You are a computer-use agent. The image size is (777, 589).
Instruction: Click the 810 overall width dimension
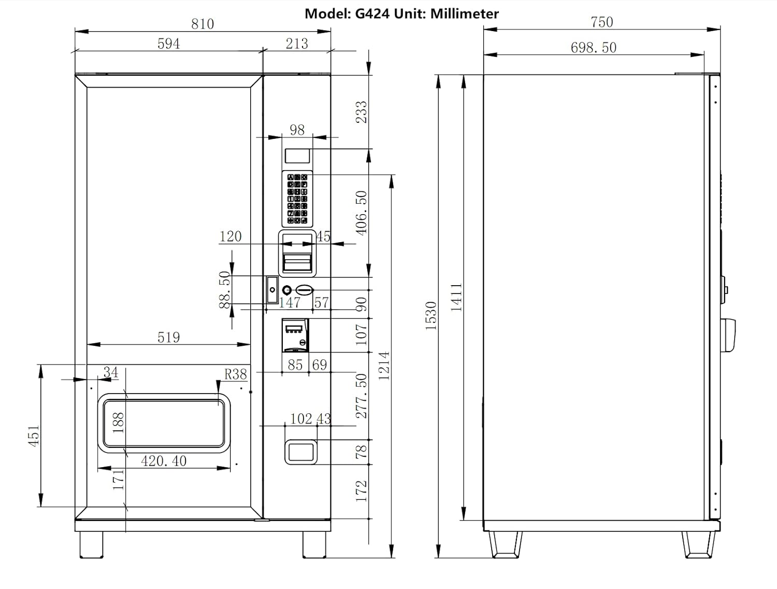pyautogui.click(x=202, y=24)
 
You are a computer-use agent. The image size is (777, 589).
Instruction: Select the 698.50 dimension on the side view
pyautogui.click(x=594, y=48)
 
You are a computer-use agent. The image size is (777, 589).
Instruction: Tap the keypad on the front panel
pyautogui.click(x=297, y=199)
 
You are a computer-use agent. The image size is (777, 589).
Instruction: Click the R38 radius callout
pyautogui.click(x=235, y=374)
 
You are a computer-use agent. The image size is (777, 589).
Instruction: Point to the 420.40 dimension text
pyautogui.click(x=164, y=460)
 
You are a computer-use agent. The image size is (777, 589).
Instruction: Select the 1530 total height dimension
pyautogui.click(x=431, y=316)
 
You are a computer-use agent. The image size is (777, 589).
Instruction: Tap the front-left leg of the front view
pyautogui.click(x=91, y=544)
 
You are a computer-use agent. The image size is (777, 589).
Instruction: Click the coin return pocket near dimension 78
pyautogui.click(x=301, y=452)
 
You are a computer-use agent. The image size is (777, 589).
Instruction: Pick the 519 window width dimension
pyautogui.click(x=168, y=338)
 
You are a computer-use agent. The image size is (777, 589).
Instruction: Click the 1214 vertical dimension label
pyautogui.click(x=384, y=366)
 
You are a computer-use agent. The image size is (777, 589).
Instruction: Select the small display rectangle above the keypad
pyautogui.click(x=297, y=156)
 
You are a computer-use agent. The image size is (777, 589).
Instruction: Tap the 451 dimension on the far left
pyautogui.click(x=33, y=436)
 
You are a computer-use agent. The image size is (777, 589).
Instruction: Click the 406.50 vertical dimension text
pyautogui.click(x=362, y=212)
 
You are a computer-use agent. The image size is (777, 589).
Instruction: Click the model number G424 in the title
pyautogui.click(x=372, y=13)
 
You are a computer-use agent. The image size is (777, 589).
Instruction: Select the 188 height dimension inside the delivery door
pyautogui.click(x=118, y=423)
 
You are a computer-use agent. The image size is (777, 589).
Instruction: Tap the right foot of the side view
pyautogui.click(x=700, y=544)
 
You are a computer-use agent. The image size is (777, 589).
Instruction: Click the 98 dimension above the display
pyautogui.click(x=297, y=130)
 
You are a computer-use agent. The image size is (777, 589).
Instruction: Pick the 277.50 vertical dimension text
pyautogui.click(x=362, y=396)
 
